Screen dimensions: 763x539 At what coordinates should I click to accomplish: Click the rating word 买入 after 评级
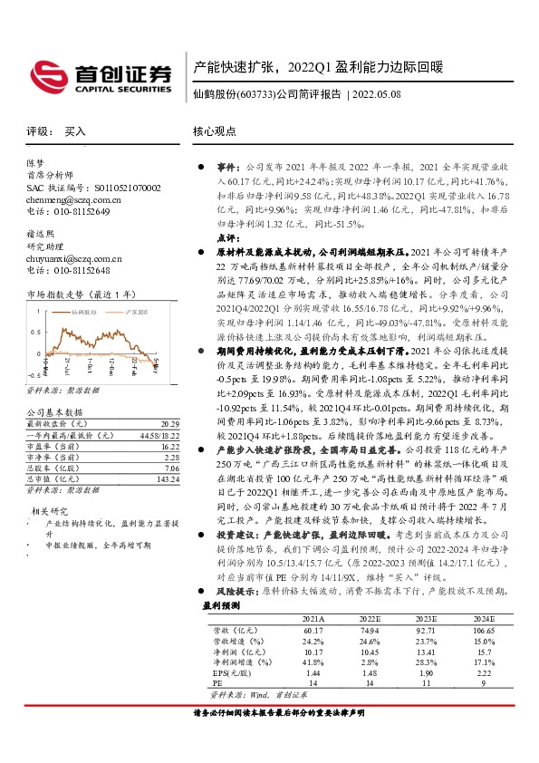(x=75, y=131)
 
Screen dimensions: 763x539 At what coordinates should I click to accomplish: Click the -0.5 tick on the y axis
(x=33, y=373)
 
